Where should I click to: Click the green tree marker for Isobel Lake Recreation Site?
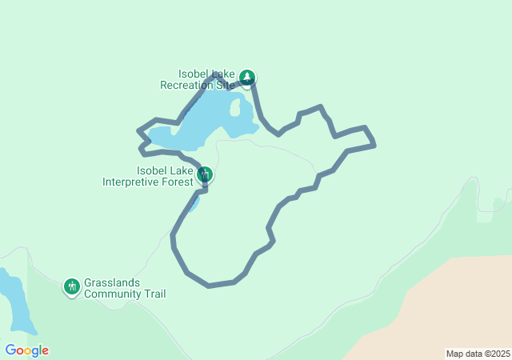pos(248,77)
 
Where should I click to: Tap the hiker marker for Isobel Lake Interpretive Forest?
pos(205,174)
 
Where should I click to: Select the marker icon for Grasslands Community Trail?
pos(72,286)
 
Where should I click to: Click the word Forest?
pos(178,182)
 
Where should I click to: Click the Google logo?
pos(26,350)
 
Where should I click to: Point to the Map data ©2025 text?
pos(477,354)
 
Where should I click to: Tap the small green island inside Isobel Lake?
pos(236,107)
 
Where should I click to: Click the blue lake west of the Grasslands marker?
pos(16,304)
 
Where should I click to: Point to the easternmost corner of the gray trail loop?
pos(374,145)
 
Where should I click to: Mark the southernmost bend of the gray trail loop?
pos(210,285)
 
